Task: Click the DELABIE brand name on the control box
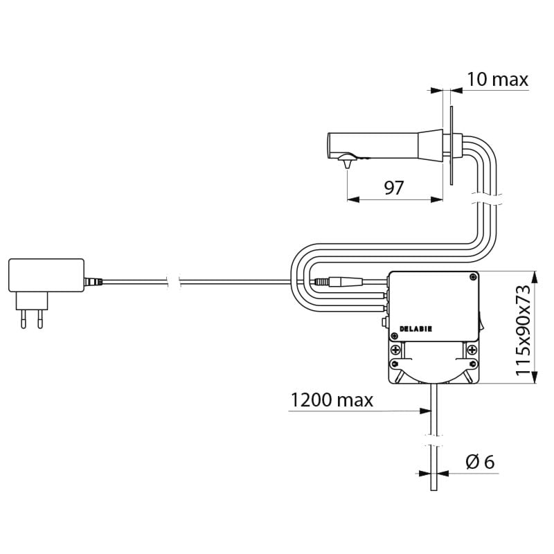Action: [x=415, y=329]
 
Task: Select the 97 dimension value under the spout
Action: [x=393, y=188]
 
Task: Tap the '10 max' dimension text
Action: [x=497, y=79]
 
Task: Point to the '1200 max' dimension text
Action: [x=332, y=400]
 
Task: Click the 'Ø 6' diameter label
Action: [x=480, y=462]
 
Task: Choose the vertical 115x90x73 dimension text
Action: [x=523, y=330]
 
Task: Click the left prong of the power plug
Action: [x=24, y=319]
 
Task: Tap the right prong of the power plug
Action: [x=40, y=319]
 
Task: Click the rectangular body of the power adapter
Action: [x=46, y=275]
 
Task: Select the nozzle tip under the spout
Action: [x=347, y=164]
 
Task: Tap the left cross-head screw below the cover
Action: [x=395, y=350]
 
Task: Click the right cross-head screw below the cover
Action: [x=472, y=350]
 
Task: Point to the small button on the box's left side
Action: [x=385, y=322]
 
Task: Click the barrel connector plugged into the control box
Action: [x=339, y=282]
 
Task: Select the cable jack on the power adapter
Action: [x=93, y=282]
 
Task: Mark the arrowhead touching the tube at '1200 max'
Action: [x=425, y=411]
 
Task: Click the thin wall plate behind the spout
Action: [x=452, y=145]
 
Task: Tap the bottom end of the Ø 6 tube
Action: [x=434, y=490]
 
